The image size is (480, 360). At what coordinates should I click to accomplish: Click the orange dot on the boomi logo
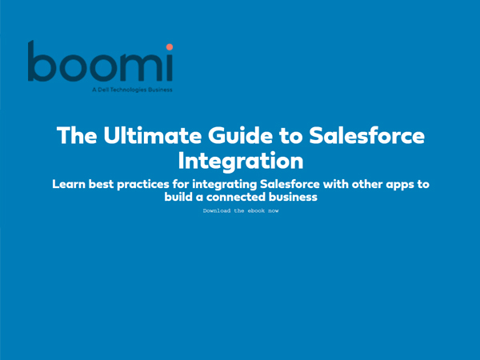[x=170, y=47]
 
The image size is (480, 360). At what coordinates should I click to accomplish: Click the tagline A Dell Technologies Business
[x=132, y=90]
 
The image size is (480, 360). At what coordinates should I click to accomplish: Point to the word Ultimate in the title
[x=153, y=135]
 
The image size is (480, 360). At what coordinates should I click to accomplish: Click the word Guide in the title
[x=240, y=135]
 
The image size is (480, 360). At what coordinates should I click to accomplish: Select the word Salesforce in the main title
[x=366, y=135]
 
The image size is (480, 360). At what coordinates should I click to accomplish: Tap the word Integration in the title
[x=241, y=161]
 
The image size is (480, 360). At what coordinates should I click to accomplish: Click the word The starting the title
[x=77, y=135]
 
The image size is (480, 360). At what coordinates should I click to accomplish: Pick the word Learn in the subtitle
[x=69, y=184]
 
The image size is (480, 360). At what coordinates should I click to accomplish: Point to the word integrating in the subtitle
[x=224, y=185]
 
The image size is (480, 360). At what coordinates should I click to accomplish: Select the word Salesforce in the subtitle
[x=290, y=184]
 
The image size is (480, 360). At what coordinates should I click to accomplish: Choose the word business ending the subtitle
[x=293, y=197]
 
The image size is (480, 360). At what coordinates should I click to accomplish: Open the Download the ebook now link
[x=241, y=210]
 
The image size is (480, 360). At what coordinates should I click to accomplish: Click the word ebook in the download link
[x=256, y=210]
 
